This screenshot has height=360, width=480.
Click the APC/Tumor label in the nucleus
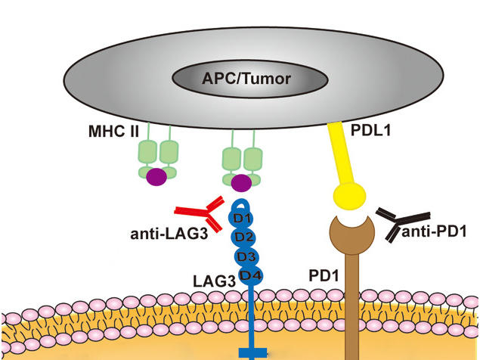tap(240, 76)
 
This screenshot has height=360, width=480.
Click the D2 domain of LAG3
tap(243, 237)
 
